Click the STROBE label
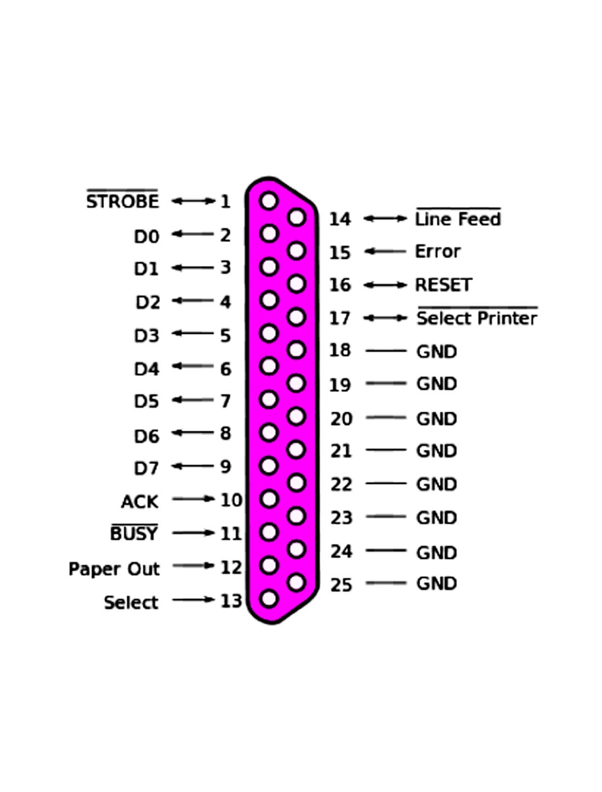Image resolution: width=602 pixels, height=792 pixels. tap(123, 201)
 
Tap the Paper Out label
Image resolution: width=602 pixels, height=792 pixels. tap(114, 569)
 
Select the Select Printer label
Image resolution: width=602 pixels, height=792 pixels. tap(477, 318)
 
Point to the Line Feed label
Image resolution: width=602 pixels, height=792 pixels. tap(458, 219)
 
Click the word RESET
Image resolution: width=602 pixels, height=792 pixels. tap(443, 285)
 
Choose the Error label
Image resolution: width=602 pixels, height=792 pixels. tap(437, 252)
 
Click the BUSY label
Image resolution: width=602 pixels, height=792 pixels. tap(134, 533)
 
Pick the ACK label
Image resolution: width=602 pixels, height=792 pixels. tap(140, 501)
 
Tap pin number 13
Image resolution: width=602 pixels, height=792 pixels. tap(231, 601)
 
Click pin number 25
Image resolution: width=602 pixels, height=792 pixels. tap(341, 585)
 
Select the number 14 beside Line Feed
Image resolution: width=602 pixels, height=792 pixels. tap(339, 219)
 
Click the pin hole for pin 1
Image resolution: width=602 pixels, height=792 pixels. tap(269, 201)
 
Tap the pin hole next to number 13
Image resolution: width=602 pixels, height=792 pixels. tap(269, 598)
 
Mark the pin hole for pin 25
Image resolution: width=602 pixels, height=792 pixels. tap(296, 582)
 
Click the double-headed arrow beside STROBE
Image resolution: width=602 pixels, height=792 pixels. tap(193, 201)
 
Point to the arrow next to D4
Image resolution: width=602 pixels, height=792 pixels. tap(193, 366)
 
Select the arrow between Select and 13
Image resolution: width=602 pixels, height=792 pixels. tap(193, 599)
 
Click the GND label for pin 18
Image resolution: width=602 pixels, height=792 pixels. tap(436, 351)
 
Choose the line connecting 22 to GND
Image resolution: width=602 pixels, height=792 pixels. tap(386, 483)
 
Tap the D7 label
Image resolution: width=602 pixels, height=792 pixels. tap(146, 469)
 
